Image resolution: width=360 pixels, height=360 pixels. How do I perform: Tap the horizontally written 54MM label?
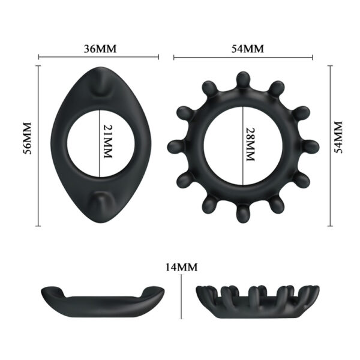[x=243, y=49]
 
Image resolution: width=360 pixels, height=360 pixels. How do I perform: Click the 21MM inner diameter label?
[x=107, y=142]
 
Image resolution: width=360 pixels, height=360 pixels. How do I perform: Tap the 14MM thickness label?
[x=182, y=267]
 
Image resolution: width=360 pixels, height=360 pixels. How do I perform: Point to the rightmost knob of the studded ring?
[x=311, y=145]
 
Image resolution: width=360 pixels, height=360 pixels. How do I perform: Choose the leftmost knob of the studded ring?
[x=175, y=145]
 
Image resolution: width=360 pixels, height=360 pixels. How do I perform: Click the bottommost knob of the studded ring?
[x=243, y=212]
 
